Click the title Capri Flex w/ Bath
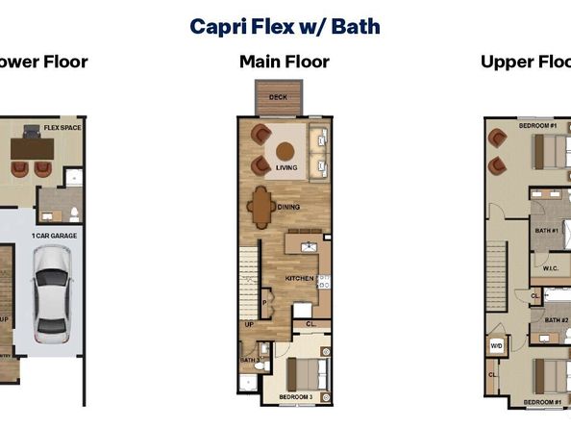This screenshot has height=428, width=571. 285,26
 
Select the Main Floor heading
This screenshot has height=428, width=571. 285,63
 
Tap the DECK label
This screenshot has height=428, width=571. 278,97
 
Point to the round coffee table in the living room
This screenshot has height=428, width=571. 285,150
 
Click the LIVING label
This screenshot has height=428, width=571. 286,168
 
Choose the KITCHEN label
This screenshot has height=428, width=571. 299,278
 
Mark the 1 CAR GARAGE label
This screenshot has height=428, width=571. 54,235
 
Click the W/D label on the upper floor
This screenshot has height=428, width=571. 497,344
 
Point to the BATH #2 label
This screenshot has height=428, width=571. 557,319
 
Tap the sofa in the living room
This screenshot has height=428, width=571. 320,151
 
